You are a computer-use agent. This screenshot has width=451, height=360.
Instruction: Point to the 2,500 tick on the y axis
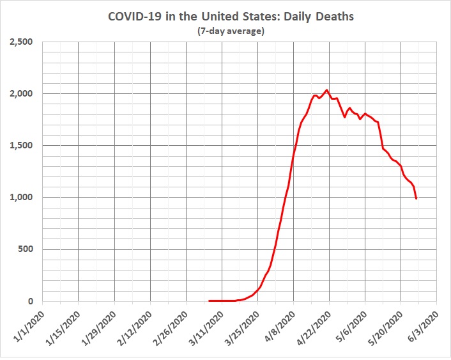tap(24, 42)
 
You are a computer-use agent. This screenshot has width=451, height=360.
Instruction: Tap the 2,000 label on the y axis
tap(24, 94)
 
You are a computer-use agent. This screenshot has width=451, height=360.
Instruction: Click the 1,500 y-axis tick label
tap(24, 146)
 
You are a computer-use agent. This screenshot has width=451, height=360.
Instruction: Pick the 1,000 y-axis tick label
tap(24, 198)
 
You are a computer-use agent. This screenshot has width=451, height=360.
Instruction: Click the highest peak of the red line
tap(327, 90)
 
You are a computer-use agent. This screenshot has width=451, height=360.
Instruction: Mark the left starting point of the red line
tap(209, 301)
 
